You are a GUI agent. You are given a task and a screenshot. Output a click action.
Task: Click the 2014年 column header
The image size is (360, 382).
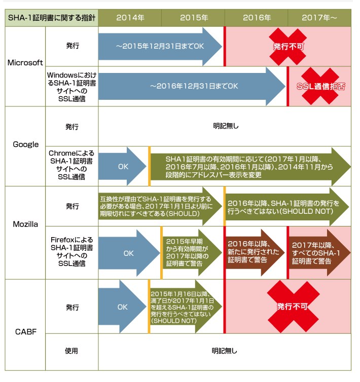pyautogui.click(x=130, y=18)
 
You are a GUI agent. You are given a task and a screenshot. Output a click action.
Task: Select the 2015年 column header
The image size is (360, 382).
pyautogui.click(x=193, y=18)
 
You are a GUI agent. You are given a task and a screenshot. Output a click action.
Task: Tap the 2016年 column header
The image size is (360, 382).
pyautogui.click(x=256, y=18)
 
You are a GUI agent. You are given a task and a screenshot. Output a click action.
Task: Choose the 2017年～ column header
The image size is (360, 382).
pyautogui.click(x=319, y=18)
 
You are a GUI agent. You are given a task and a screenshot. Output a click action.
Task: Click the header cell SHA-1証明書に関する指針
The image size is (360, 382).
pyautogui.click(x=51, y=18)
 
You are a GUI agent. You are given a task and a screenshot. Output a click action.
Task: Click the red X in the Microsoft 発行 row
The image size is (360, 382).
pyautogui.click(x=288, y=46)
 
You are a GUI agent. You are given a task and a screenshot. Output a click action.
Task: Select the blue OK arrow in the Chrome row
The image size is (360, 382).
pyautogui.click(x=122, y=166)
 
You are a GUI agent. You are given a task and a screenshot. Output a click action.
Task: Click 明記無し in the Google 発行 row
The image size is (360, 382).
pyautogui.click(x=224, y=126)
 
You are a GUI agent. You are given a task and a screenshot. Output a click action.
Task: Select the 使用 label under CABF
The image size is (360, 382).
pyautogui.click(x=71, y=350)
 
